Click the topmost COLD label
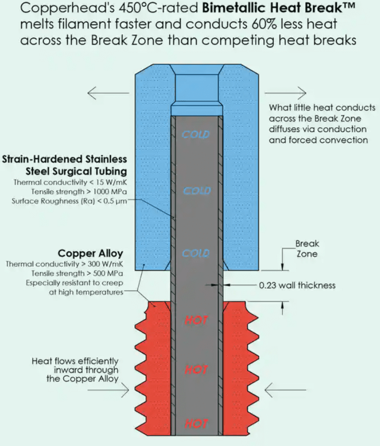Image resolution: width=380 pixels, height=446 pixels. (196, 134)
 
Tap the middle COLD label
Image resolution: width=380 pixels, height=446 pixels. (197, 191)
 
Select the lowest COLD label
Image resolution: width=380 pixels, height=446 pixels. (196, 253)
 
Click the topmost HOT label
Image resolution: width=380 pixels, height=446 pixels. (196, 320)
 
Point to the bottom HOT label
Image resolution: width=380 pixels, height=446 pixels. (196, 423)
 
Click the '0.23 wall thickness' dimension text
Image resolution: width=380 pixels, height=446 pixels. (297, 285)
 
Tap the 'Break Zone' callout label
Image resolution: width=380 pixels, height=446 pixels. (307, 249)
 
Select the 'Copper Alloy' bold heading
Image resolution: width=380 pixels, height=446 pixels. (90, 253)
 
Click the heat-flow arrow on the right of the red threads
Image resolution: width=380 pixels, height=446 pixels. (285, 390)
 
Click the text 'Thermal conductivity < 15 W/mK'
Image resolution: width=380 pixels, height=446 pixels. (71, 183)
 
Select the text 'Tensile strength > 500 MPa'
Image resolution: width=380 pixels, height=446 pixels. (77, 273)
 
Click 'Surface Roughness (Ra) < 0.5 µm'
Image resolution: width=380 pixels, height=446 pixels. (69, 201)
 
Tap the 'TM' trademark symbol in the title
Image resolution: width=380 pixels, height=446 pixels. (342, 5)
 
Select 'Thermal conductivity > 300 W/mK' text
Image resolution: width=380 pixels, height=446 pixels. (64, 264)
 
